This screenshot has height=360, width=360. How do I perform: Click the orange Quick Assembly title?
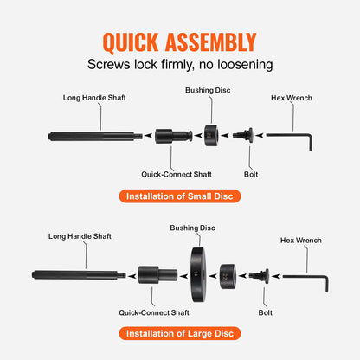point(180,42)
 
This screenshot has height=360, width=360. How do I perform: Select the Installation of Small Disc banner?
point(180,196)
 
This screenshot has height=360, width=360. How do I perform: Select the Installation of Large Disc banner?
point(180,333)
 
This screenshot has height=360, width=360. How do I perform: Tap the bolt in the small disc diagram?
point(242,135)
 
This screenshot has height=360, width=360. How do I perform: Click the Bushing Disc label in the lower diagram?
point(193,227)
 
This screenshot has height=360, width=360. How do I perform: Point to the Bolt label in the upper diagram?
point(252,173)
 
